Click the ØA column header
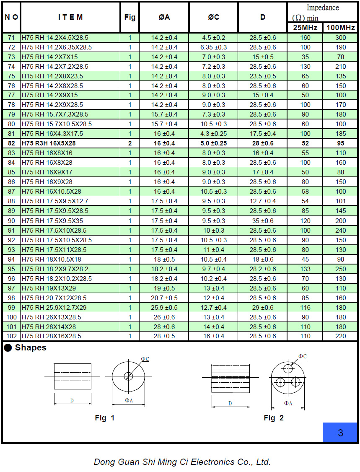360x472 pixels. pyautogui.click(x=164, y=17)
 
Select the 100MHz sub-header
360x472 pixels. pyautogui.click(x=340, y=28)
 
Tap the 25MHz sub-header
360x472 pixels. pyautogui.click(x=305, y=28)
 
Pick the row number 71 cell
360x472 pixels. pyautogui.click(x=11, y=38)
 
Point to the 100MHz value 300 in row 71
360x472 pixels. pyautogui.click(x=341, y=38)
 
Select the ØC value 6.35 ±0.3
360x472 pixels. pyautogui.click(x=213, y=47)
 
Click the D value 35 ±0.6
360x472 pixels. pyautogui.click(x=263, y=220)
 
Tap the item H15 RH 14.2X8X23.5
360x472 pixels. pyautogui.click(x=52, y=76)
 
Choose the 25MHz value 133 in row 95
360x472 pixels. pyautogui.click(x=305, y=269)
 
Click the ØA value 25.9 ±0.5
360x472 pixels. pyautogui.click(x=164, y=307)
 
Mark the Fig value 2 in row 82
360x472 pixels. pyautogui.click(x=130, y=143)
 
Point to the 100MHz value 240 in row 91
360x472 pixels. pyautogui.click(x=341, y=230)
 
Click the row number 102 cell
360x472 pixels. pyautogui.click(x=11, y=336)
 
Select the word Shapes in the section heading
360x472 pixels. pyautogui.click(x=31, y=348)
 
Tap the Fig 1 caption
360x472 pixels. pyautogui.click(x=104, y=418)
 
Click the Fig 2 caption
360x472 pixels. pyautogui.click(x=274, y=418)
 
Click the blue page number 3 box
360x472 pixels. pyautogui.click(x=340, y=433)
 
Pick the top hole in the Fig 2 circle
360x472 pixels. pyautogui.click(x=288, y=368)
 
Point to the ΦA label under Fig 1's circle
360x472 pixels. pyautogui.click(x=129, y=401)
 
